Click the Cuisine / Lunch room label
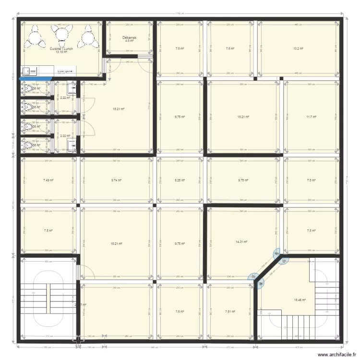tap(61, 49)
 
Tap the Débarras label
tap(129, 37)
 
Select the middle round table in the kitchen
tap(62, 34)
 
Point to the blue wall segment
tap(36, 78)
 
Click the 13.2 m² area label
tap(298, 48)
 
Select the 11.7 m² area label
tap(312, 116)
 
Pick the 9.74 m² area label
tap(116, 180)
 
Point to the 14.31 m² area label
tap(242, 242)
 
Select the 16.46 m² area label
tap(300, 300)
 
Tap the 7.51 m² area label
tap(230, 312)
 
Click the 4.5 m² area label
tap(129, 41)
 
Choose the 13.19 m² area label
tap(61, 52)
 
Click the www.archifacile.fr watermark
tap(325, 354)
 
